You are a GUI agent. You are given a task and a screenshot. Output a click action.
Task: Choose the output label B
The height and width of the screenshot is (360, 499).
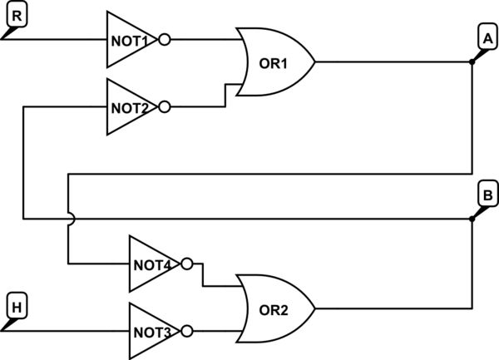487,194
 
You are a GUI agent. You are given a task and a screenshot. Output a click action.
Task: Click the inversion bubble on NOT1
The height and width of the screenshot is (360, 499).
165,39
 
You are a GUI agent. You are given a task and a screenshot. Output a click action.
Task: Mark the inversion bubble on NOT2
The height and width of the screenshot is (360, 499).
165,107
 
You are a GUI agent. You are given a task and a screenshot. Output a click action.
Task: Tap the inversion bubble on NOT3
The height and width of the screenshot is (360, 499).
187,331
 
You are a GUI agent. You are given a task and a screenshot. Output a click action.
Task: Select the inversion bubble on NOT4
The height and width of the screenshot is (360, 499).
187,264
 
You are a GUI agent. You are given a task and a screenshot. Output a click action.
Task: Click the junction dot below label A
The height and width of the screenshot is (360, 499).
472,62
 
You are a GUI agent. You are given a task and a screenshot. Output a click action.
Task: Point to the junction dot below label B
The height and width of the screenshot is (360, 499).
472,219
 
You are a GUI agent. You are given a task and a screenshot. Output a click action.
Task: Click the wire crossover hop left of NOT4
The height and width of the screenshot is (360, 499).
68,219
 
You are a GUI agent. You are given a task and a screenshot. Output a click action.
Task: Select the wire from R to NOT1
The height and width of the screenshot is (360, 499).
58,39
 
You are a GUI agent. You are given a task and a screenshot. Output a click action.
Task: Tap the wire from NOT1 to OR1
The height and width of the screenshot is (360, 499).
204,39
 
